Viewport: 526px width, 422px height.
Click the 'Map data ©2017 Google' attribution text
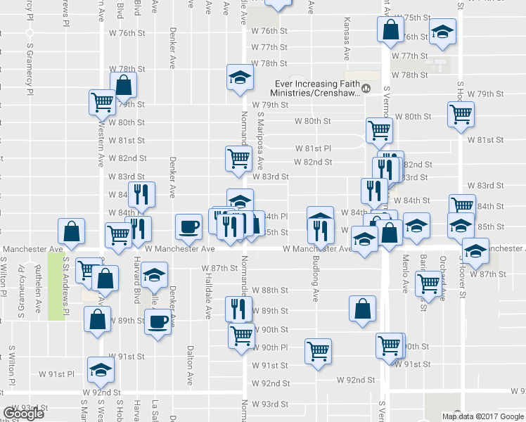click(482, 416)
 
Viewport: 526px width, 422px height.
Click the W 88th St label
click(270, 290)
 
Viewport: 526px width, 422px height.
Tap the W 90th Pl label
click(270, 347)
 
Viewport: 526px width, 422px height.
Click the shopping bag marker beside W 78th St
click(123, 86)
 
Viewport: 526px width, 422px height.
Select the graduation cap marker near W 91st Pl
click(101, 369)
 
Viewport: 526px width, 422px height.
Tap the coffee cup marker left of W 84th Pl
click(188, 226)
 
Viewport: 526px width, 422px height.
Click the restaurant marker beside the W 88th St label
click(238, 307)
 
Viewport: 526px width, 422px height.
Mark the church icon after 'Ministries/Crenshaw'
click(366, 88)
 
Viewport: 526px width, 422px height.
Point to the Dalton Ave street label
click(190, 364)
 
